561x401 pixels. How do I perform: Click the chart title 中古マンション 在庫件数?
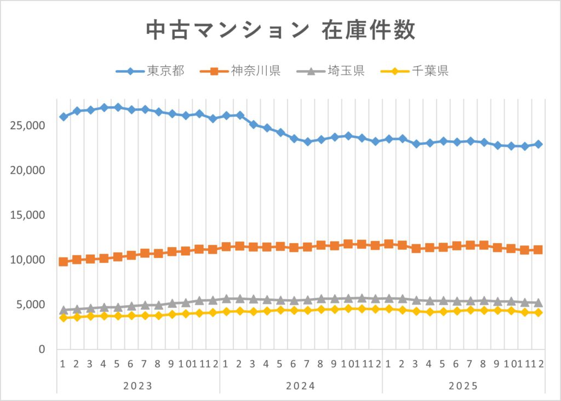point(280,31)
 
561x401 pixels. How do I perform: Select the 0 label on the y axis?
point(41,350)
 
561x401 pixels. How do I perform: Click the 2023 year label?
point(138,386)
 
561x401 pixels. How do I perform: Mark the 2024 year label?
point(301,386)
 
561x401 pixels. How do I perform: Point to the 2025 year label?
point(463,386)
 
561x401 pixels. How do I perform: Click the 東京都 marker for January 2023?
point(64,117)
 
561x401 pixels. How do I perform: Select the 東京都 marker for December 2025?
point(538,144)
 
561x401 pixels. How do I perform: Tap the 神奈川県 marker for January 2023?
point(64,261)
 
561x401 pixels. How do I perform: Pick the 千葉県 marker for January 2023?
point(64,318)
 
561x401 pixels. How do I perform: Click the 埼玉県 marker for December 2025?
point(538,302)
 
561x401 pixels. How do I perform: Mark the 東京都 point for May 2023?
point(118,107)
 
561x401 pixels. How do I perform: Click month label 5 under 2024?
point(280,364)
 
